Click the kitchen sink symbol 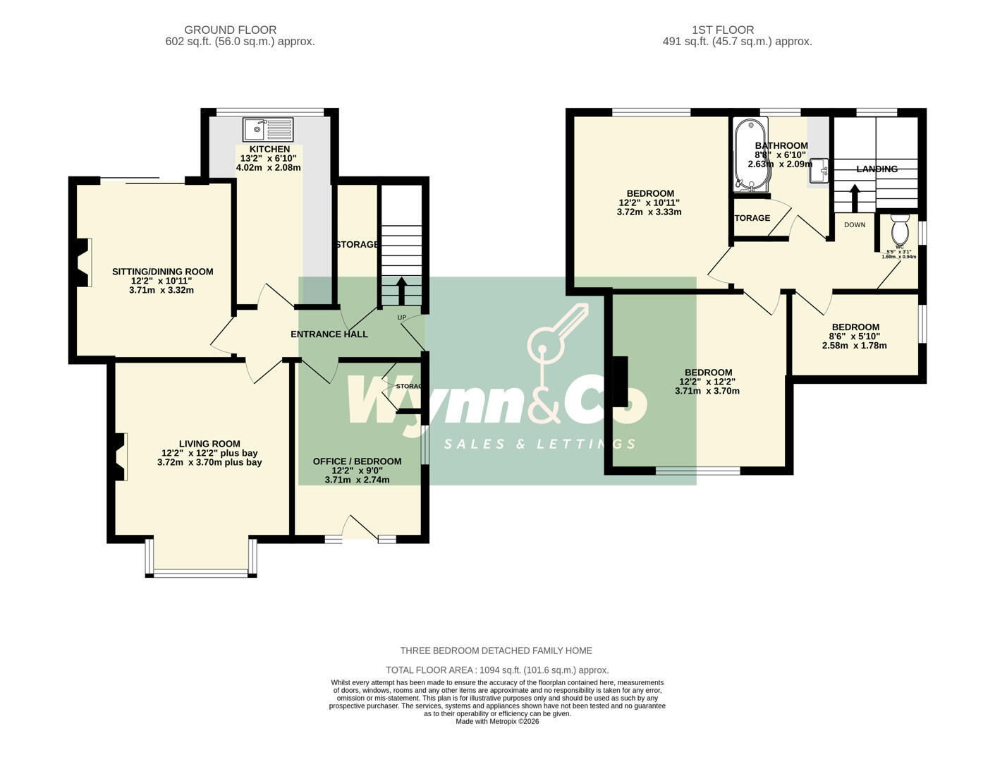tap(268, 130)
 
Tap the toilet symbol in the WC tap(899, 229)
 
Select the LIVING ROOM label tap(209, 444)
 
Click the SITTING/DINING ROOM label tap(162, 272)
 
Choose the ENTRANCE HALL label tap(329, 334)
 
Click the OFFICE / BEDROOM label tap(357, 461)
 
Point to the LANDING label tap(877, 169)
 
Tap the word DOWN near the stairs tap(855, 225)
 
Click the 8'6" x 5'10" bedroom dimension tap(855, 337)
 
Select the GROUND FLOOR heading tap(230, 30)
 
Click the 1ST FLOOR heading tap(723, 30)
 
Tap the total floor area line tap(497, 670)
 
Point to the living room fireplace tap(121, 456)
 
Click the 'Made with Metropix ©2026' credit tap(497, 722)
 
